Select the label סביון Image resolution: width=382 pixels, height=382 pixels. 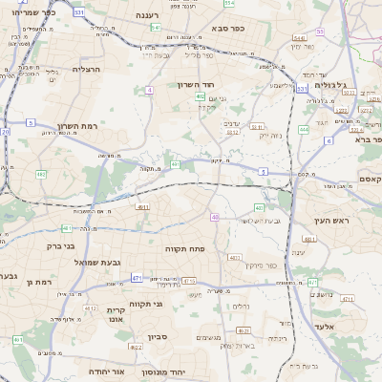pos(158,336)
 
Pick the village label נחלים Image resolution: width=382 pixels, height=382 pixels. pos(242,306)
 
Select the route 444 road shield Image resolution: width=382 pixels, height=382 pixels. pos(304,129)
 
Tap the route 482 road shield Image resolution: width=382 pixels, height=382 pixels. pos(41,174)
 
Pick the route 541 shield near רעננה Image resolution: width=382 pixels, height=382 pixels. pos(156,28)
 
